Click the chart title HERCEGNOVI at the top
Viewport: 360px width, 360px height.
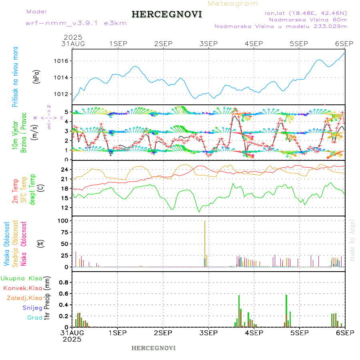click(x=167, y=15)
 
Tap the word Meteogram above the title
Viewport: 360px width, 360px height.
click(x=233, y=4)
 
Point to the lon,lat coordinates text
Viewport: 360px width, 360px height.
click(x=306, y=13)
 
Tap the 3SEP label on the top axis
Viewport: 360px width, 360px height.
click(x=208, y=43)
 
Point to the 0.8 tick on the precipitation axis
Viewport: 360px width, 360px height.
click(x=64, y=282)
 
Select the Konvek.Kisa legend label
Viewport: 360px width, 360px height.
click(x=22, y=288)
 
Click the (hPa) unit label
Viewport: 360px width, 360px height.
click(x=36, y=77)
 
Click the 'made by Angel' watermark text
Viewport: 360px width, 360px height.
click(x=352, y=238)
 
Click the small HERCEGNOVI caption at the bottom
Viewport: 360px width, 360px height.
click(x=154, y=348)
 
